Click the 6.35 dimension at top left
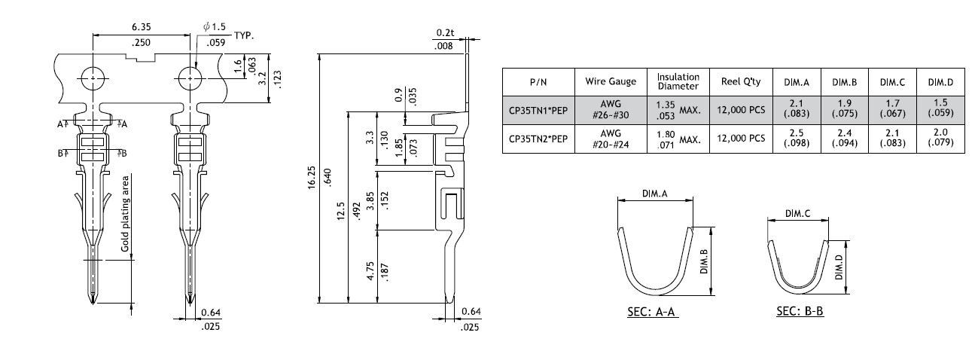(140, 27)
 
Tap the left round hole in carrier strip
(93, 77)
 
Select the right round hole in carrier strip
(188, 77)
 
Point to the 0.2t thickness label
(445, 33)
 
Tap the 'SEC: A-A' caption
(653, 311)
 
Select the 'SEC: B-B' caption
(800, 310)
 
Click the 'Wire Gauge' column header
(611, 81)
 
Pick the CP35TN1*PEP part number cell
(538, 110)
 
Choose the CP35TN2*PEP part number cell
(538, 139)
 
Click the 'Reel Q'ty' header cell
(741, 81)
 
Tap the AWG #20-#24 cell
(611, 139)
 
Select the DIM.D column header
(940, 81)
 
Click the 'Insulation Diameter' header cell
(678, 81)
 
